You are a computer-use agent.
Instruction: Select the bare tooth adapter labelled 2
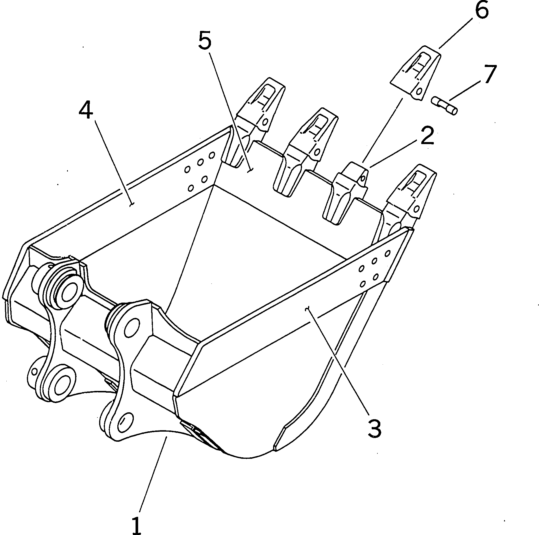347,193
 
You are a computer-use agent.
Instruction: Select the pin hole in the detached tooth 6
418,92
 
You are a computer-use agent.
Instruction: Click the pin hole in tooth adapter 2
363,177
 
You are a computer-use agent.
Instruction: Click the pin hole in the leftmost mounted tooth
264,122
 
